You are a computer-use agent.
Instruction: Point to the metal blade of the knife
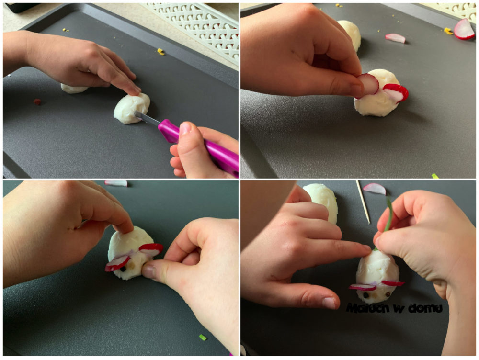tap(147, 118)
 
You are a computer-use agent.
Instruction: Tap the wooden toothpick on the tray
tap(363, 202)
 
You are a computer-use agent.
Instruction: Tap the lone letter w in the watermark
tap(398, 309)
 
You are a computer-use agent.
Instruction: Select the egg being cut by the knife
tap(132, 108)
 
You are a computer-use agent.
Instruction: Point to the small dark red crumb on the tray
tap(37, 101)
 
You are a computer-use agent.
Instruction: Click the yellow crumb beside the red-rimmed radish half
tap(448, 31)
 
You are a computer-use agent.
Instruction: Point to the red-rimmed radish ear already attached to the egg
tap(396, 92)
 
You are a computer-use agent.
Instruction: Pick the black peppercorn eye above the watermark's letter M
tap(366, 295)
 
